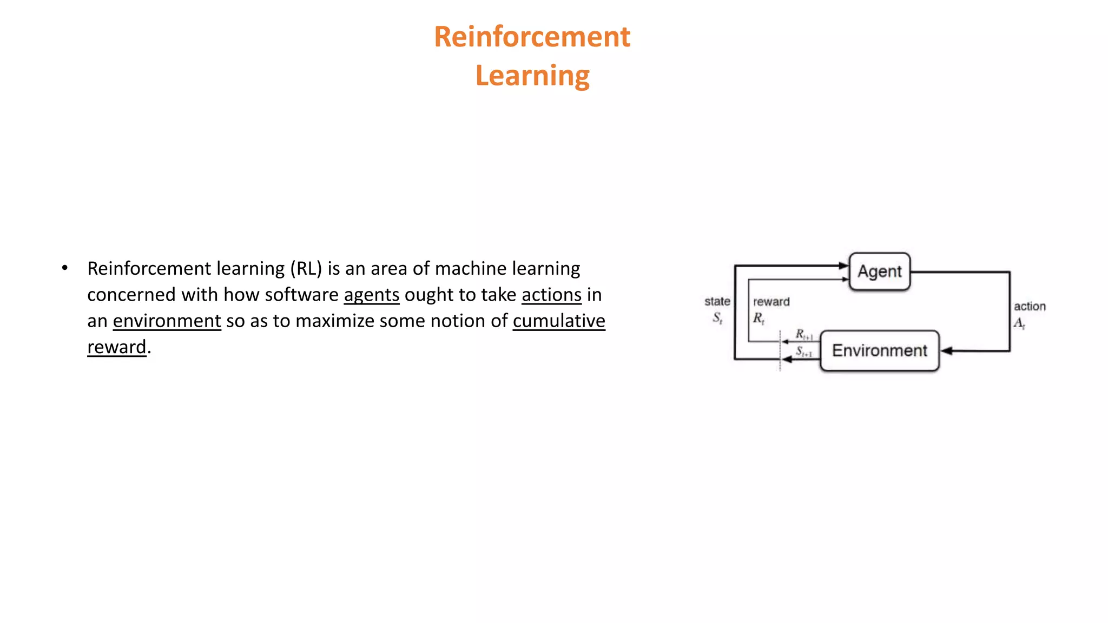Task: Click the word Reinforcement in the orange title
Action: coord(532,37)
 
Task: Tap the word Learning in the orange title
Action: coord(532,76)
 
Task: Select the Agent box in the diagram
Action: coord(880,271)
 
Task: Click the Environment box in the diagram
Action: coord(880,350)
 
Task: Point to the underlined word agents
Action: coord(372,295)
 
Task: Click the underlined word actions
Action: coord(551,295)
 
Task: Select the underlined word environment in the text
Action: coord(167,321)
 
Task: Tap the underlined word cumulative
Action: coord(559,321)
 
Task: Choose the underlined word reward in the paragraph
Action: coord(117,347)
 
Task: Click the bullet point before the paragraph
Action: coord(65,268)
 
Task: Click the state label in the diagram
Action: coord(717,302)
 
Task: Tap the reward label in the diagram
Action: coord(771,302)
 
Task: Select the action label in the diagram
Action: coord(1030,307)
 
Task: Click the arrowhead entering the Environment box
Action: coord(946,351)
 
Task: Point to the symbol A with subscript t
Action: coord(1019,323)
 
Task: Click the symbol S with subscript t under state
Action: coord(717,318)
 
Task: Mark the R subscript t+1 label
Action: coord(804,335)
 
